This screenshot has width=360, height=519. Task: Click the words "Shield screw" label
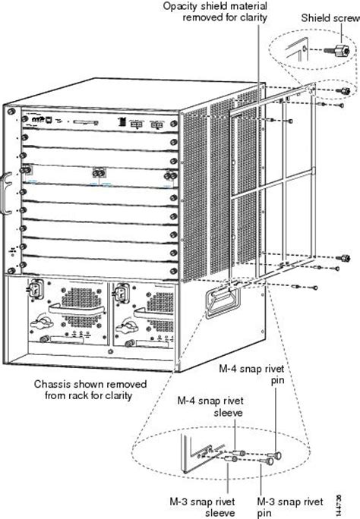(x=328, y=17)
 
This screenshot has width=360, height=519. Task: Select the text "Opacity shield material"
(x=215, y=6)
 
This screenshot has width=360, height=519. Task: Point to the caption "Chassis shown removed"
(x=86, y=384)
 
